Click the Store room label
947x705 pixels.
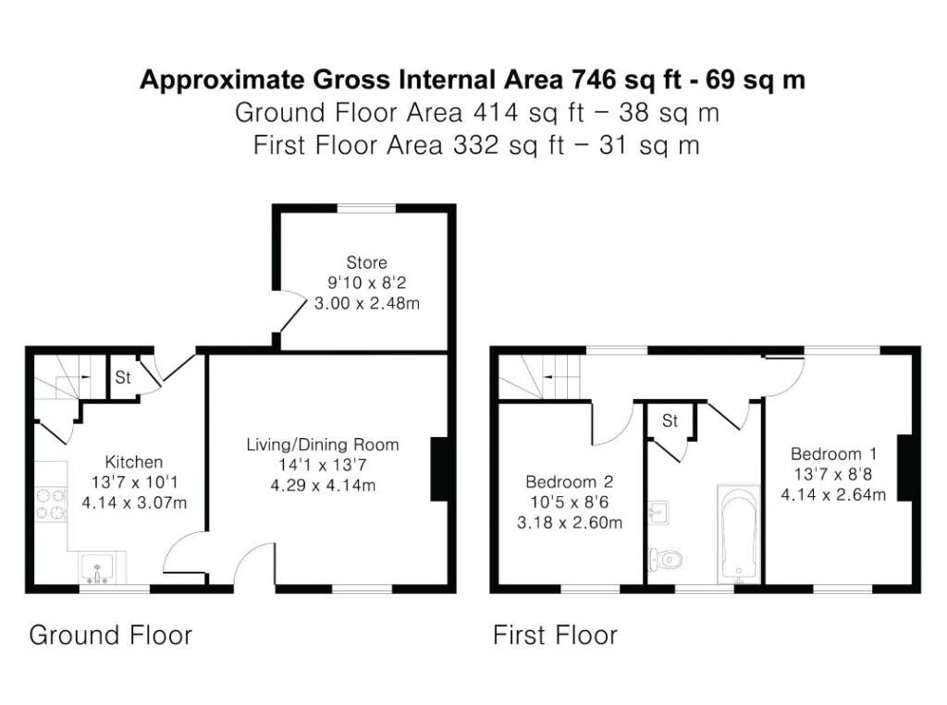point(366,262)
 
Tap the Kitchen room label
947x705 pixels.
point(134,462)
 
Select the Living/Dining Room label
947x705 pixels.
point(323,444)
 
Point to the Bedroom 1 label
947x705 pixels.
point(833,454)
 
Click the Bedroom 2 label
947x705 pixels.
point(569,481)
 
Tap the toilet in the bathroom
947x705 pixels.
point(665,560)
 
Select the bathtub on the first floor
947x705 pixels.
point(738,533)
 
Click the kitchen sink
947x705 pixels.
point(96,568)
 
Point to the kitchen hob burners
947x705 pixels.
point(51,504)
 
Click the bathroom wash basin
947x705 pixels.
point(658,513)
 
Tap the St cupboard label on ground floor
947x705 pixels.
point(123,377)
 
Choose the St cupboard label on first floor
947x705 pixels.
point(670,420)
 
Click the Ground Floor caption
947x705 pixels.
point(111,635)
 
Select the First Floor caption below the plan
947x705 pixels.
point(555,635)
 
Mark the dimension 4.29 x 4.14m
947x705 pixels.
point(323,485)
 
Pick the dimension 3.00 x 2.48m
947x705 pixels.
point(366,303)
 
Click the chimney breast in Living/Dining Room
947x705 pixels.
point(439,469)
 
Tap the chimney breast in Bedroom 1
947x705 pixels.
point(904,468)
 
